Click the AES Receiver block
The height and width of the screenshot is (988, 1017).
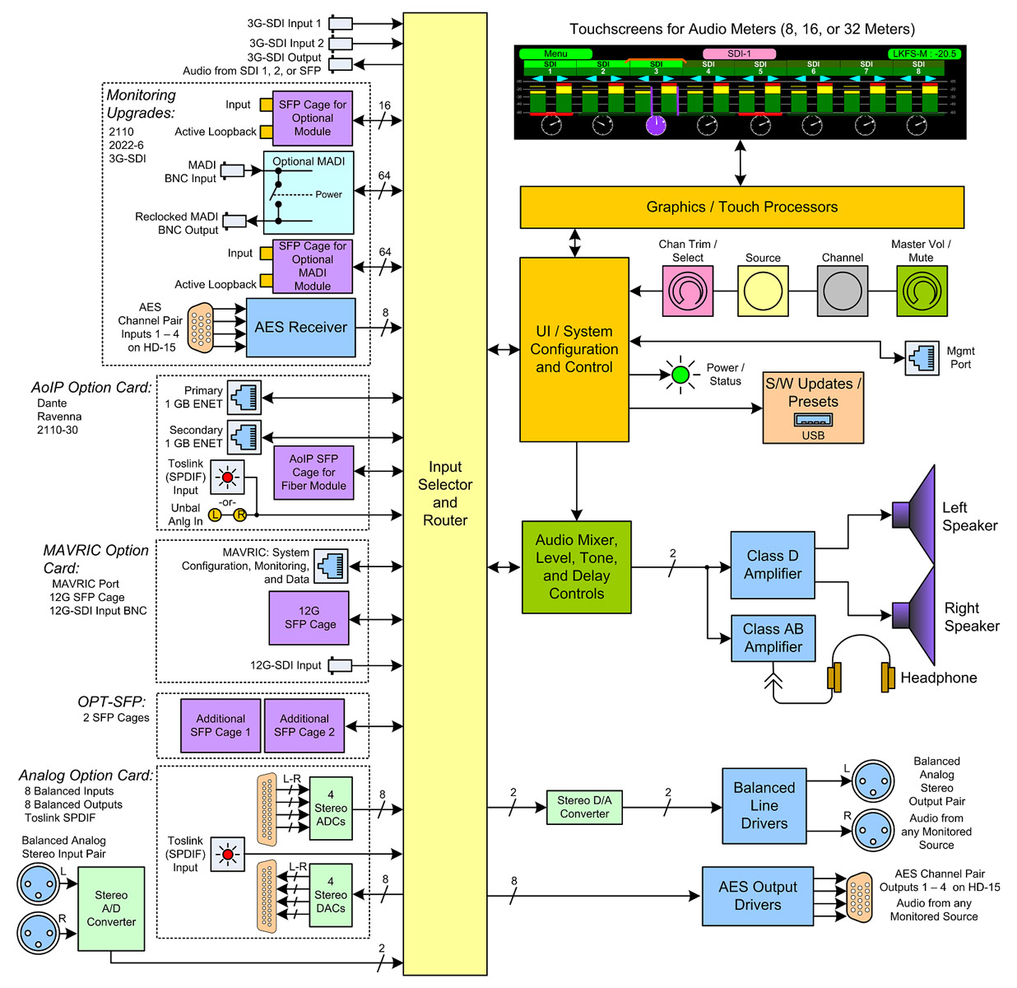300,328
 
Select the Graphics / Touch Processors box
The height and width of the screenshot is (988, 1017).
741,207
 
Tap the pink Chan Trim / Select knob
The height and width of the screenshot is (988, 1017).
687,291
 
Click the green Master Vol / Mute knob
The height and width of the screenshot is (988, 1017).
921,291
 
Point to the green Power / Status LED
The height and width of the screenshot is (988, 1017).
680,375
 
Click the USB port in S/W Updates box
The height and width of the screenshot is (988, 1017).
813,420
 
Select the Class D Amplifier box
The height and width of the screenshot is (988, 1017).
773,565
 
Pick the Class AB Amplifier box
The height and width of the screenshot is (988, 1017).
773,638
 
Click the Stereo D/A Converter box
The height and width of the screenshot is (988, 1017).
584,807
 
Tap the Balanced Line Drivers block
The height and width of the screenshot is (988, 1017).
764,806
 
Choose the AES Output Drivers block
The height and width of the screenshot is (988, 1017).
757,896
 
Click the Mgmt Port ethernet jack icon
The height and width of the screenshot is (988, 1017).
922,358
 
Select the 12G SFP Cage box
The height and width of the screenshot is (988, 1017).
309,618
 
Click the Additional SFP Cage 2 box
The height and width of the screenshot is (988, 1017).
304,725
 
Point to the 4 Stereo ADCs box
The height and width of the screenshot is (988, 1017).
331,808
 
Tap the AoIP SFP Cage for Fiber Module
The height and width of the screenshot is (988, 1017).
313,473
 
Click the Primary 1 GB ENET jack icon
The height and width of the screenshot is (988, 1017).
244,397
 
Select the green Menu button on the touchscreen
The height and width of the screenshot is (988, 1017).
555,54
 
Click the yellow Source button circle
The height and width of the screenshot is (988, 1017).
763,291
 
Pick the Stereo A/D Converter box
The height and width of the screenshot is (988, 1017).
111,908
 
